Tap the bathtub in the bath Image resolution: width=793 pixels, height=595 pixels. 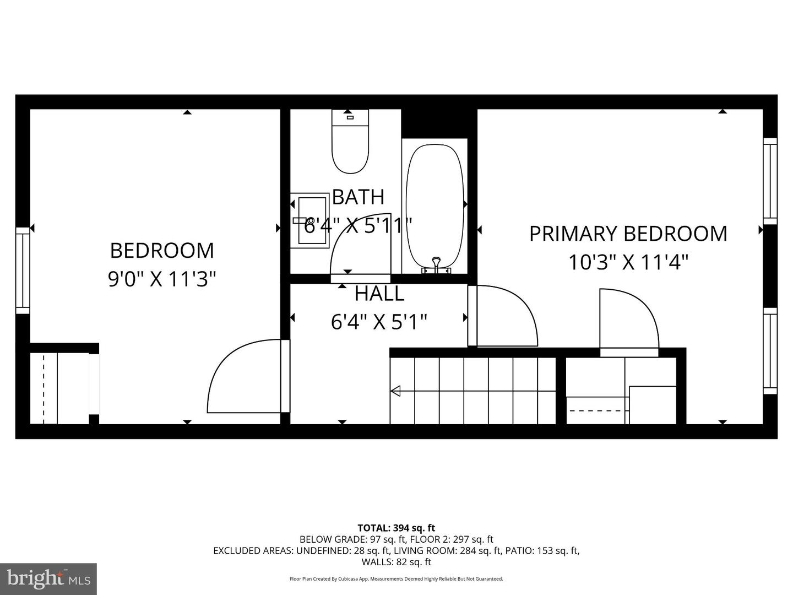[x=434, y=206]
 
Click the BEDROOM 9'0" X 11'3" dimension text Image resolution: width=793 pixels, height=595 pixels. [x=161, y=279]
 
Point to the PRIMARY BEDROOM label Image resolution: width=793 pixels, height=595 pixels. [x=628, y=234]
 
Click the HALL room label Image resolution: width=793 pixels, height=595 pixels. [x=379, y=294]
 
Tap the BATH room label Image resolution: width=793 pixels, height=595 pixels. [x=358, y=197]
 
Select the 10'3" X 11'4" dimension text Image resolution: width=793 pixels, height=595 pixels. [x=628, y=262]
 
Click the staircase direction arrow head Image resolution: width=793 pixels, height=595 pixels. [x=395, y=391]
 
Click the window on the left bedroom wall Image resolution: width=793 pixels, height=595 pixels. [x=23, y=271]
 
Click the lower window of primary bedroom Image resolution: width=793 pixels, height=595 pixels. [x=770, y=351]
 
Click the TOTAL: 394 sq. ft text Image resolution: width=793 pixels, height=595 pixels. [x=396, y=528]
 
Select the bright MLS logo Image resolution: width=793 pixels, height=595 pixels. [x=48, y=578]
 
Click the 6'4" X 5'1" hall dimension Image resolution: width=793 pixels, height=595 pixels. [x=379, y=321]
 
